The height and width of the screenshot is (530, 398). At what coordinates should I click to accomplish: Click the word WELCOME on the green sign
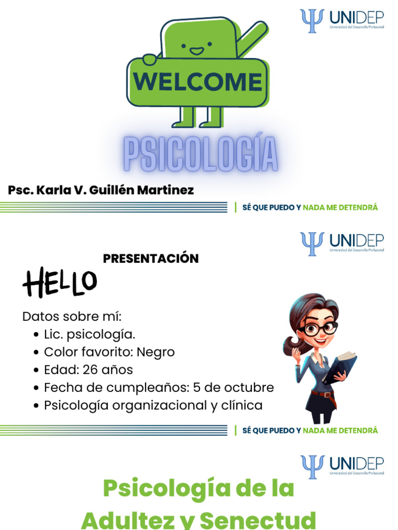coord(197,82)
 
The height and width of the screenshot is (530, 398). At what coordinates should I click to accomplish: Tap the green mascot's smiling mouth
coord(196,51)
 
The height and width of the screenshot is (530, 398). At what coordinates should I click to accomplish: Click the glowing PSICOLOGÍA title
coord(201,154)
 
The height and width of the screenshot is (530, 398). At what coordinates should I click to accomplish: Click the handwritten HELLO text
coord(60,283)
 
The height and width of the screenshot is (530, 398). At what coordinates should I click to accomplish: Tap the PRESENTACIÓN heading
coord(151,258)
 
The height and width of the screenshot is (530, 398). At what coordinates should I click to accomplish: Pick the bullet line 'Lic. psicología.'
coord(90,334)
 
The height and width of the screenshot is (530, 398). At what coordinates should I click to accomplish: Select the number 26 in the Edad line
coord(90,370)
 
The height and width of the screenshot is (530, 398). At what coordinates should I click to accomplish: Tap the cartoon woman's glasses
coord(318,329)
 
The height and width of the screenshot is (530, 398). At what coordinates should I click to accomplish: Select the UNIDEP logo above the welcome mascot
coord(342,20)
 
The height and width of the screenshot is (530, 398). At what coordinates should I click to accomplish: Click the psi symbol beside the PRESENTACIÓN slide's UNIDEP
coord(312,243)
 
